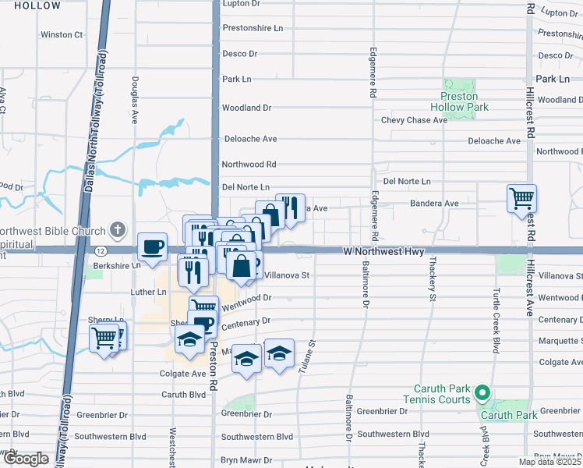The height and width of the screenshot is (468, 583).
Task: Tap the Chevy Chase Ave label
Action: click(x=414, y=120)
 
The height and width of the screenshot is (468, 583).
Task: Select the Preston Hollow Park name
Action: click(x=459, y=101)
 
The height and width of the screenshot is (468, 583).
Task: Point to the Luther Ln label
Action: click(x=150, y=292)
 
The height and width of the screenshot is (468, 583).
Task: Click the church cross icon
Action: click(x=117, y=229)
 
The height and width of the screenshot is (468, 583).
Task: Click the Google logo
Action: click(x=26, y=459)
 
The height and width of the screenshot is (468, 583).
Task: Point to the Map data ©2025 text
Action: click(x=549, y=462)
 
